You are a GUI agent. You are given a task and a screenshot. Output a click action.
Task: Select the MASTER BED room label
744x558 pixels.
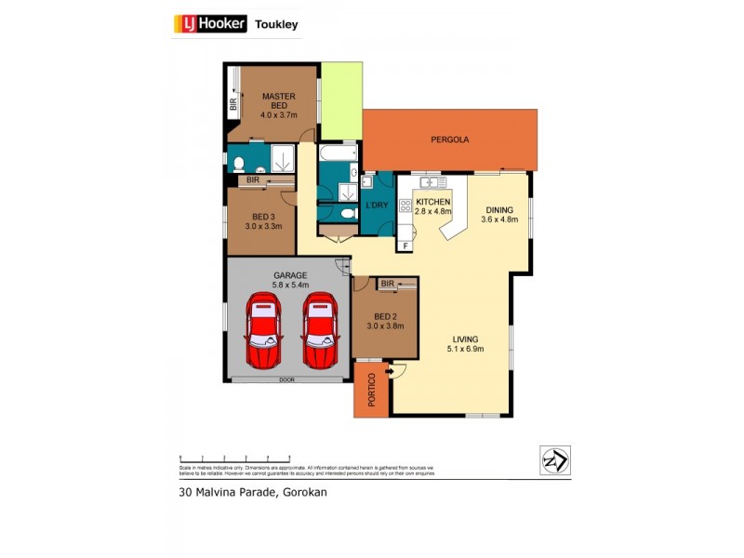point(278,105)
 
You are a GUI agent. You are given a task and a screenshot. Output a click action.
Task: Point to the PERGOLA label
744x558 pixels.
point(449,139)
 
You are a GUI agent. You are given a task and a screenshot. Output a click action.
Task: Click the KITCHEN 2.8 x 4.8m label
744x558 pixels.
point(432,206)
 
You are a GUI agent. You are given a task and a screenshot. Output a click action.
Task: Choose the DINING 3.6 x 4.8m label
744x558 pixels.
point(498,214)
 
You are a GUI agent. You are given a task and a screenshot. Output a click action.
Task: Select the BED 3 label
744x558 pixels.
point(263,220)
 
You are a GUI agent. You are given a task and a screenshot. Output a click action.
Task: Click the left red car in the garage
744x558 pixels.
point(263,330)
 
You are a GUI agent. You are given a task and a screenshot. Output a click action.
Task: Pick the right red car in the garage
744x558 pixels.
point(320,330)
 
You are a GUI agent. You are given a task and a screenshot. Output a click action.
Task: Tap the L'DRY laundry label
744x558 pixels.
point(377,205)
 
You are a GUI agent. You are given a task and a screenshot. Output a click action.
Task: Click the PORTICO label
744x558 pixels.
point(371,390)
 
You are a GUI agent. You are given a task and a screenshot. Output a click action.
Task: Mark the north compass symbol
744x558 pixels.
point(555,460)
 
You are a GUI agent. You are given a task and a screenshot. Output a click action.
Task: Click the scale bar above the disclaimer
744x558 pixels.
point(234,458)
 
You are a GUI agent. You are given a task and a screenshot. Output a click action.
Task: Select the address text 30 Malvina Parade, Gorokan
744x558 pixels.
point(252,493)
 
